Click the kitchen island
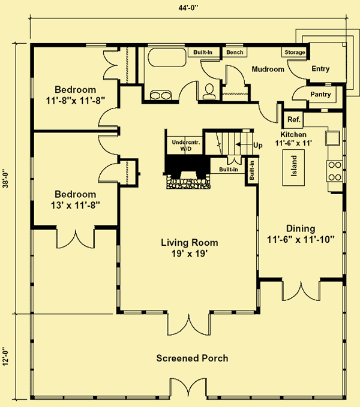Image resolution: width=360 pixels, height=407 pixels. click(293, 167)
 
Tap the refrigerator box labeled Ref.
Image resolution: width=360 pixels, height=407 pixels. click(294, 120)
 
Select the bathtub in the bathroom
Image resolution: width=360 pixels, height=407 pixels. click(167, 57)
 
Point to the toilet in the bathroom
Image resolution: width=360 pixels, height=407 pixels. click(209, 91)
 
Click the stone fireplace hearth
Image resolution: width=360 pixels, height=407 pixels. click(188, 182)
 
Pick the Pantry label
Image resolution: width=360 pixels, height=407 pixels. click(320, 94)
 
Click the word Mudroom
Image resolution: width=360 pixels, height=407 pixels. click(268, 69)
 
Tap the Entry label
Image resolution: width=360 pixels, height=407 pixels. click(320, 68)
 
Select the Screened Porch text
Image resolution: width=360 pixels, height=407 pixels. click(192, 358)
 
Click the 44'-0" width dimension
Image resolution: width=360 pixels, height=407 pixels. click(188, 8)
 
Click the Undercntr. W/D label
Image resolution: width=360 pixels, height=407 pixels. click(186, 145)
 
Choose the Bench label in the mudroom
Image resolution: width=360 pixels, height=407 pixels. click(235, 52)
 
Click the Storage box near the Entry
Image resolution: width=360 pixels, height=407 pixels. click(295, 52)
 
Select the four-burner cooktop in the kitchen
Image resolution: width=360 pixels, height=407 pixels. click(335, 171)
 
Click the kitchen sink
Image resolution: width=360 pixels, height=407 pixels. click(333, 138)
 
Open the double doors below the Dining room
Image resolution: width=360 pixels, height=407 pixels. click(301, 291)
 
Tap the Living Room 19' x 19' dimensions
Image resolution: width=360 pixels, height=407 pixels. click(190, 254)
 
